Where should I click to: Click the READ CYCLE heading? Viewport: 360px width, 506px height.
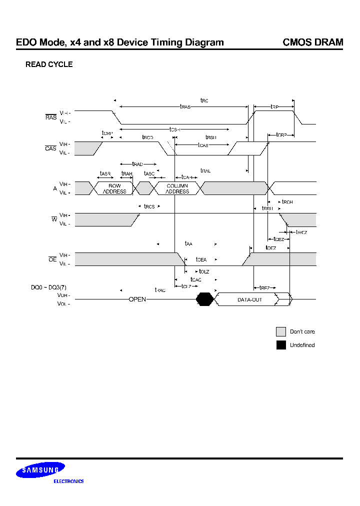click(49, 64)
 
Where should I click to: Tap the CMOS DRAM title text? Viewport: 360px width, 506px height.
click(313, 42)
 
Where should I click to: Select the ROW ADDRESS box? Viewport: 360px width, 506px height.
click(114, 188)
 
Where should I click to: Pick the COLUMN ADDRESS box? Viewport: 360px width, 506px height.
click(177, 188)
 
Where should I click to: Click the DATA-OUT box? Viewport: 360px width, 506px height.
click(249, 299)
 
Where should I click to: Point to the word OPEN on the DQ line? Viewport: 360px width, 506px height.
click(137, 299)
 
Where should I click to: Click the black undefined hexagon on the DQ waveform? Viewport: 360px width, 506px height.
click(205, 299)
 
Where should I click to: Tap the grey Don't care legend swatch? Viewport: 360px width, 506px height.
click(281, 331)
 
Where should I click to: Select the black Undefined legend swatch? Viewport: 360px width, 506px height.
click(281, 345)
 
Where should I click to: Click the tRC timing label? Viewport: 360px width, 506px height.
click(204, 100)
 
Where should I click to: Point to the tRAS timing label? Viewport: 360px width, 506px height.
click(185, 106)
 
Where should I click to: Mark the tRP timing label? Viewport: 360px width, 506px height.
click(274, 106)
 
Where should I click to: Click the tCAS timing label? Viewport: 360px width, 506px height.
click(203, 145)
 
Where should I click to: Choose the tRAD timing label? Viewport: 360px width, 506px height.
click(137, 164)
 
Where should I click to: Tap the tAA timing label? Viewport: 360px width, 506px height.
click(188, 243)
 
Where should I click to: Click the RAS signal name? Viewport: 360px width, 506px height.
click(51, 117)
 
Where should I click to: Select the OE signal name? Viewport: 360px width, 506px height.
click(52, 259)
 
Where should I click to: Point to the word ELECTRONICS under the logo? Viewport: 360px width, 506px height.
click(68, 481)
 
